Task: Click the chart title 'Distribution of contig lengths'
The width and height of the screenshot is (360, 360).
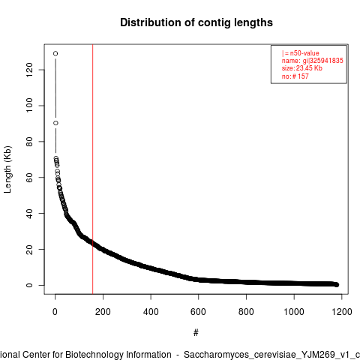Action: pos(196,22)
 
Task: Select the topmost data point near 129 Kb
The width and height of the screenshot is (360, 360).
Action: pos(55,53)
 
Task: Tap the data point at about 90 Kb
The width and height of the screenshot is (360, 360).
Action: pos(55,123)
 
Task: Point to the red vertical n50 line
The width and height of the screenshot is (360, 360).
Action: pos(93,169)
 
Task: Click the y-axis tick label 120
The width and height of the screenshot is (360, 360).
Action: pos(29,70)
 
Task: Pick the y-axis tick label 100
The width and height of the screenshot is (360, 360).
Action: pos(29,106)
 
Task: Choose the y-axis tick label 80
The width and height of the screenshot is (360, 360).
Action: pos(29,142)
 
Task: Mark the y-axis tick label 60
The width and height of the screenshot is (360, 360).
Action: pos(29,178)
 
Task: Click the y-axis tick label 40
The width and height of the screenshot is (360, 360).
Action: pos(29,214)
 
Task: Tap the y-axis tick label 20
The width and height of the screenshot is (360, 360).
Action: pos(29,249)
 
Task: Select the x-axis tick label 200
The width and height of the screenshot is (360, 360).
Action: pos(103,312)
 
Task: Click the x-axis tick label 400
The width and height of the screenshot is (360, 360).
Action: pos(151,312)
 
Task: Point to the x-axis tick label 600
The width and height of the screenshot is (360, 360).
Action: pos(198,312)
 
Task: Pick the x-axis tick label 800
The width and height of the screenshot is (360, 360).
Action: pos(246,312)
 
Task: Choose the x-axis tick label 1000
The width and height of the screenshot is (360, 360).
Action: pos(294,312)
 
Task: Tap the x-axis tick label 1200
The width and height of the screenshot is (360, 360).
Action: pos(342,312)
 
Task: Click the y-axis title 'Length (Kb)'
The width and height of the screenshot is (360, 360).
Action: pos(7,169)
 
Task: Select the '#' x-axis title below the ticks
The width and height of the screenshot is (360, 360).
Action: pos(196,333)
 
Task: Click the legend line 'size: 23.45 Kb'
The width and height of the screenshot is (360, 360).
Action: pos(302,68)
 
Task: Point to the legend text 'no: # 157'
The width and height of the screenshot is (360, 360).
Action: pos(295,76)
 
